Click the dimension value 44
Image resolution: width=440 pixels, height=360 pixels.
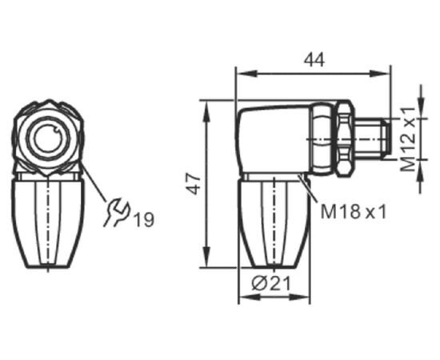coord(314,60)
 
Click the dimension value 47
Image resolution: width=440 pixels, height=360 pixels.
coord(194,184)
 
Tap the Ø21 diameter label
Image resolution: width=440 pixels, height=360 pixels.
coord(271,284)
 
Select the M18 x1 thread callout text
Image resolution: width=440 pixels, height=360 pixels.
coord(354,211)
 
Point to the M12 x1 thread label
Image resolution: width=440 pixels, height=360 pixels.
coord(407,139)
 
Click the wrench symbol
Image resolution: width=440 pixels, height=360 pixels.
coord(117,213)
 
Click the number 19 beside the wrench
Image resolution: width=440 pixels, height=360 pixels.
coord(144,219)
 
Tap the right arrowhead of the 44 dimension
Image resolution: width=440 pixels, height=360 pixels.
coord(379,74)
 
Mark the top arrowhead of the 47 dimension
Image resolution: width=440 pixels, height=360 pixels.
coord(206,111)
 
